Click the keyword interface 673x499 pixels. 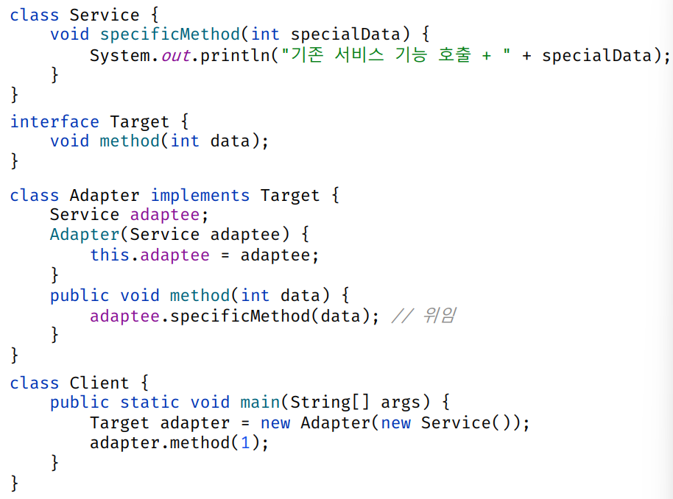tap(54, 122)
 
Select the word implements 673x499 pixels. tap(200, 196)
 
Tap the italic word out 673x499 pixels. tap(175, 56)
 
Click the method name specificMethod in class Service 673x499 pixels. tap(170, 35)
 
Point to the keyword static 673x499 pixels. tap(149, 403)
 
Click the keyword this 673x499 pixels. tap(110, 255)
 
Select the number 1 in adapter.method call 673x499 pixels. tap(245, 442)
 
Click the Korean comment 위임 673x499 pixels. tap(439, 316)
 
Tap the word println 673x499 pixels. tap(235, 56)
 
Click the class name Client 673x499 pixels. tap(99, 383)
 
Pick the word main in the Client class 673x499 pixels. tap(260, 403)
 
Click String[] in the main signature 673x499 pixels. tap(330, 403)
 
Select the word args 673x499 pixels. tap(401, 403)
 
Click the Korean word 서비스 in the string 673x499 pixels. tap(359, 55)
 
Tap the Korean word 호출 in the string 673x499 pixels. tap(454, 55)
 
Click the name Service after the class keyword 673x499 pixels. tap(105, 15)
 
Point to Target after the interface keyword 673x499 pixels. tap(139, 122)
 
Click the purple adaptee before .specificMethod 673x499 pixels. tap(125, 316)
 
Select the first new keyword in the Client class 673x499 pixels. tap(275, 423)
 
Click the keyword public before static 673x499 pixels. tap(80, 403)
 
